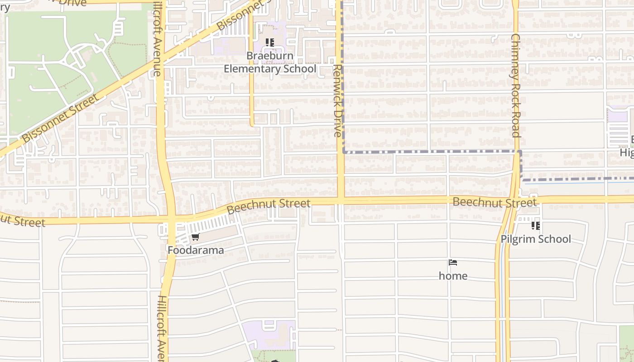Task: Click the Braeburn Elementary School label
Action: (x=270, y=62)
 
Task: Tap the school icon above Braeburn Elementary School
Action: (x=270, y=43)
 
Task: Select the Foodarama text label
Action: (x=196, y=250)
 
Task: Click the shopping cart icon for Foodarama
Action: (x=196, y=237)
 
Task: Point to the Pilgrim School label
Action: (x=536, y=239)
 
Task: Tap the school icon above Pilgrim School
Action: (x=536, y=225)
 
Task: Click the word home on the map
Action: (x=453, y=276)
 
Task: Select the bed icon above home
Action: (x=453, y=262)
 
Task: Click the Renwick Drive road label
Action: (x=337, y=100)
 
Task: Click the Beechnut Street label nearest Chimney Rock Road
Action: (x=495, y=202)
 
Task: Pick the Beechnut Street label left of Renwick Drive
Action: (x=269, y=206)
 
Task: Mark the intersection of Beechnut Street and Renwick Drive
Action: (x=340, y=199)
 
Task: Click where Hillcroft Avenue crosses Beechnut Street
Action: (x=171, y=219)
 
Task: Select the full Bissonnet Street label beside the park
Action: (x=60, y=119)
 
